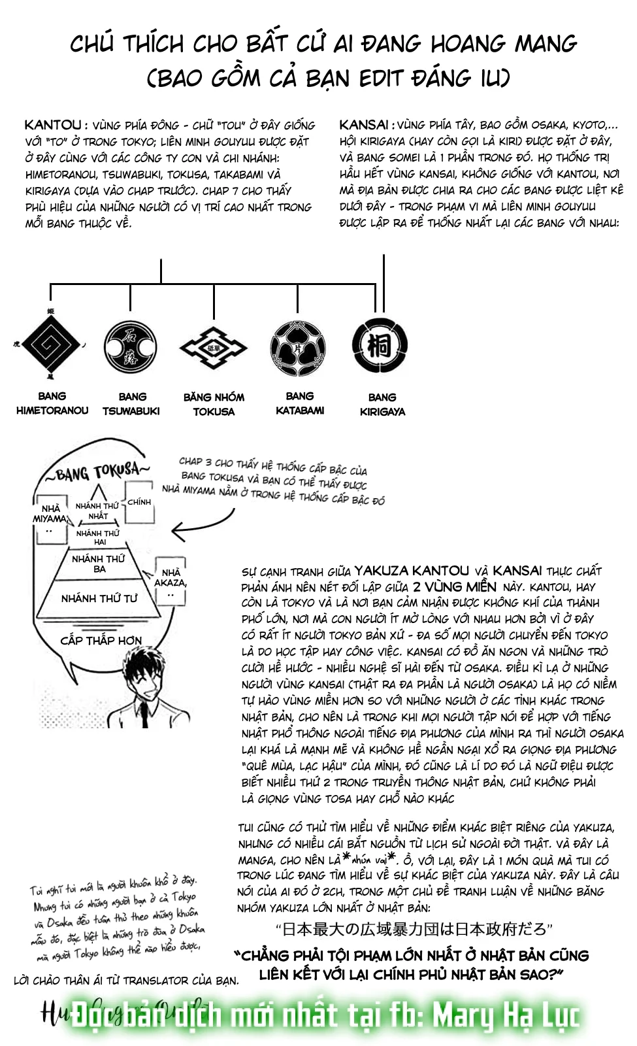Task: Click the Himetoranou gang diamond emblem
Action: point(52,344)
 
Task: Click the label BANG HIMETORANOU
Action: point(52,403)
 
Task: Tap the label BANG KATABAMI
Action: point(299,403)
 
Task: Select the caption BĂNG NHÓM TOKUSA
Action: point(214,404)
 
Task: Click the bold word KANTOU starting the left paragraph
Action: point(53,125)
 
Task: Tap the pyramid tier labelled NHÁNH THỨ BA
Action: point(98,564)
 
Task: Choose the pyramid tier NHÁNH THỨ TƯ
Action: point(99,598)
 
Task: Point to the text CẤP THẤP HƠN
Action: point(101,641)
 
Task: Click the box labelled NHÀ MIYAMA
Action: point(50,518)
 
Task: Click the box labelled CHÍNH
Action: point(139,502)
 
